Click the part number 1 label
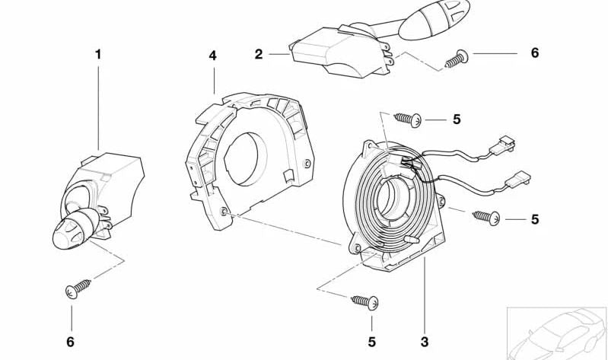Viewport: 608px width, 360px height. (x=98, y=54)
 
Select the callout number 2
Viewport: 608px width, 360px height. (x=259, y=54)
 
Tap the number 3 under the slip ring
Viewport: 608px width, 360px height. (x=424, y=342)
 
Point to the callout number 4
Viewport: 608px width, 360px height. (x=212, y=56)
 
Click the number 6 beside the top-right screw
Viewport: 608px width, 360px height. (x=535, y=53)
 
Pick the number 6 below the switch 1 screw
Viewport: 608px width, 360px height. (x=70, y=342)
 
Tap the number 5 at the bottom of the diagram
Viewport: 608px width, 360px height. (x=372, y=342)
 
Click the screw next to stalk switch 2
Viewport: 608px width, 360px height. (x=457, y=59)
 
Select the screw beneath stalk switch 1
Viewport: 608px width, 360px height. (x=78, y=288)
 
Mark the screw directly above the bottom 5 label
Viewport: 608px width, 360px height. (x=364, y=302)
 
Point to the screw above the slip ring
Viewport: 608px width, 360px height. (x=408, y=119)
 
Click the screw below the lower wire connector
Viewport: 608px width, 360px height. (x=485, y=217)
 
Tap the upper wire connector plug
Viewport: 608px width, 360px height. (x=502, y=145)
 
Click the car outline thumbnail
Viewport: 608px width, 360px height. (x=557, y=333)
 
